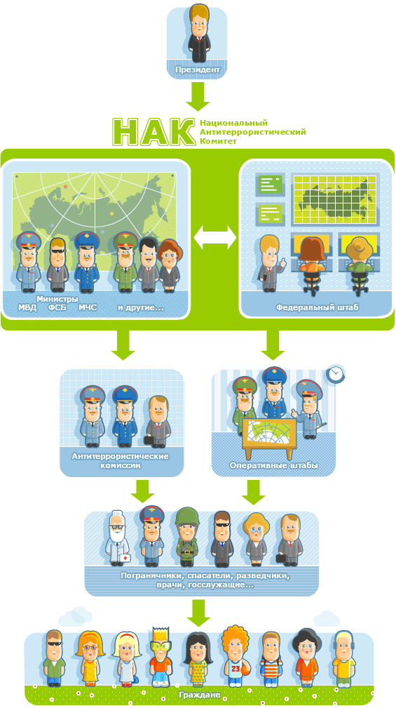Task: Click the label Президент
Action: tap(198, 70)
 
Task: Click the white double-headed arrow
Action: tap(214, 237)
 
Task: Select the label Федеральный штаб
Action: tap(318, 308)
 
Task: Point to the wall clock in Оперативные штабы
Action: tap(334, 374)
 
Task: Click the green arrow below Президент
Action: tap(198, 96)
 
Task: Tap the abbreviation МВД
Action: tap(27, 308)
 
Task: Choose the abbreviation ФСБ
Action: tap(57, 308)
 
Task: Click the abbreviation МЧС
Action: tap(88, 308)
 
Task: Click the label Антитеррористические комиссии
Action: tap(121, 460)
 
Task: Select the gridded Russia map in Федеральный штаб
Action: tap(334, 199)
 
